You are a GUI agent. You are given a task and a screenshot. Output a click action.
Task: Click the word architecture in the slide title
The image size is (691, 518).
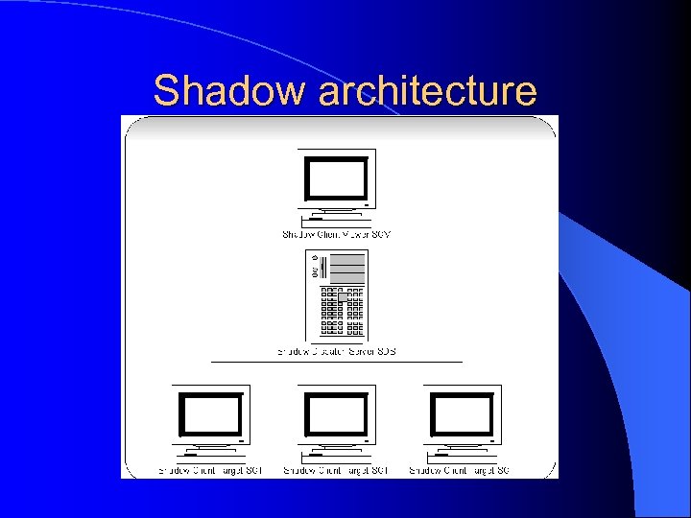(427, 91)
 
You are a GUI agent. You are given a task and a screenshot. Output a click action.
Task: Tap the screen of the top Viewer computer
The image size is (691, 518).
(336, 177)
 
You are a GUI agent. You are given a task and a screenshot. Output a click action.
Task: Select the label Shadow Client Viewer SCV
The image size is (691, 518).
(336, 234)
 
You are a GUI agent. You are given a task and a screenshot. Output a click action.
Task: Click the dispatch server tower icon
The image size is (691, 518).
(337, 295)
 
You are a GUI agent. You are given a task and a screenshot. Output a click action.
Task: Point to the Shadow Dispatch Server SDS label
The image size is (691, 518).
(337, 352)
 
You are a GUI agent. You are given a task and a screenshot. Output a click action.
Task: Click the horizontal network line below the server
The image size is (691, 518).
(336, 362)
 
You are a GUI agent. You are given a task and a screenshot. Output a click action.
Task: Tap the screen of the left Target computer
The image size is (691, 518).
(210, 413)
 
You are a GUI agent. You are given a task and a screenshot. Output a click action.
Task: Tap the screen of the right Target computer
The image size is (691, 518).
(462, 413)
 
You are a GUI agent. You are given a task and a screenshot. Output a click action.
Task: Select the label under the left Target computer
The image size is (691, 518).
(210, 470)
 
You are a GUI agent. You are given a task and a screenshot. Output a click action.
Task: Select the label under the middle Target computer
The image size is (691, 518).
(336, 470)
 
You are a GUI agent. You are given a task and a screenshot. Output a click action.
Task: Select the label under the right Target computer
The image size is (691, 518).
(460, 470)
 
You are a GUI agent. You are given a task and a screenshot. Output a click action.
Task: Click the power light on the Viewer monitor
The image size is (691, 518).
(366, 203)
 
